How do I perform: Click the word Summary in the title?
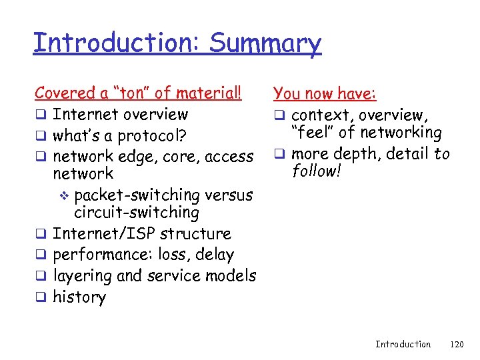(x=265, y=43)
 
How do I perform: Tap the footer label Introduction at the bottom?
(x=403, y=344)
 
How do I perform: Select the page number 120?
(x=457, y=344)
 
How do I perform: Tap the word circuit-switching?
(x=137, y=213)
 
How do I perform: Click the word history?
(x=79, y=297)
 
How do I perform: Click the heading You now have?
(x=325, y=94)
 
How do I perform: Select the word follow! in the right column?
(x=317, y=172)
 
